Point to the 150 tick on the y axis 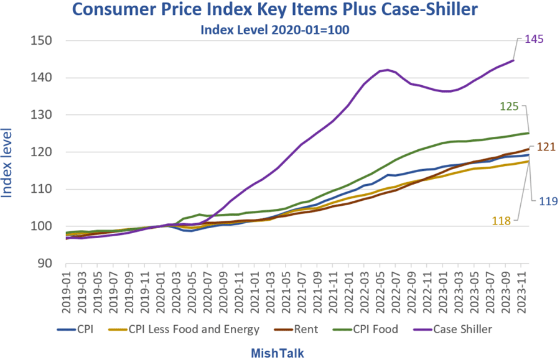(41, 41)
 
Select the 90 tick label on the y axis (45, 263)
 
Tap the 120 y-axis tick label (41, 152)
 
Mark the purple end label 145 (534, 39)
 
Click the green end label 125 (510, 107)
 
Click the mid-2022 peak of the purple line (388, 70)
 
